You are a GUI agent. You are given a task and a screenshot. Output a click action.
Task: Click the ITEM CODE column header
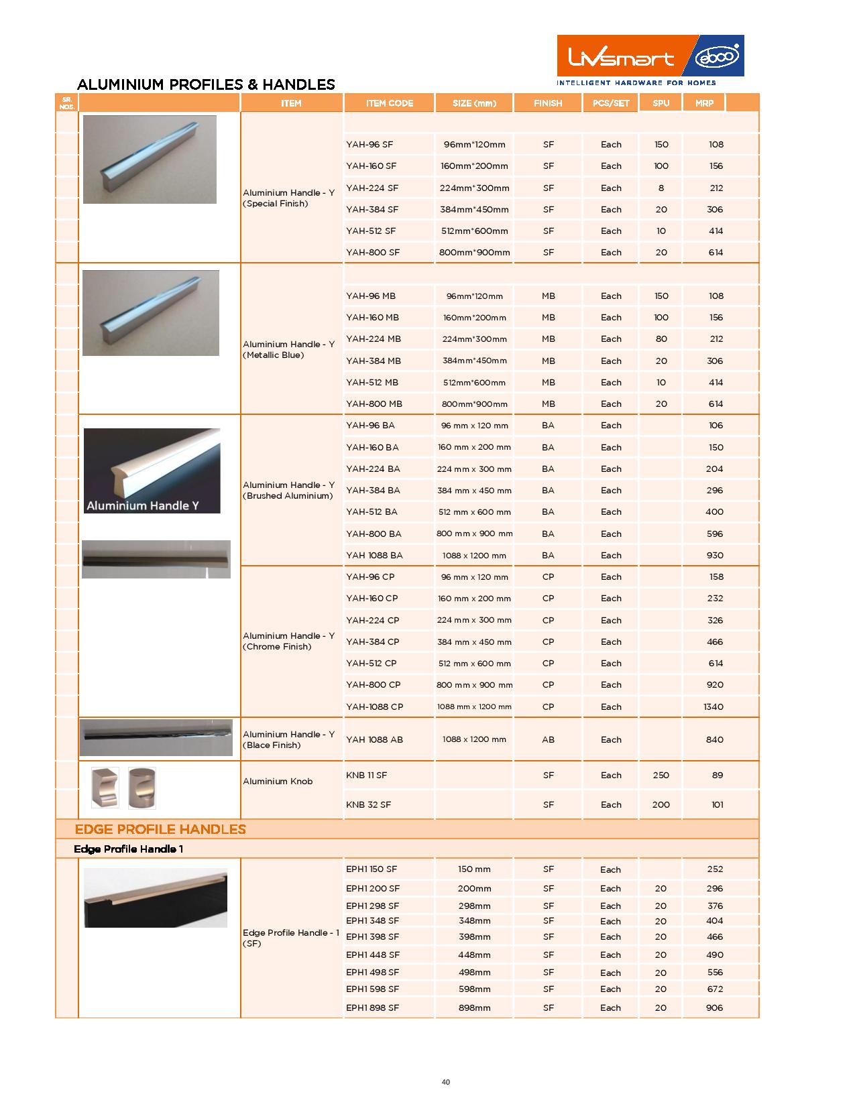pos(389,103)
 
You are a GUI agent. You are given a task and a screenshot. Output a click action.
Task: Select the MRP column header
pos(704,103)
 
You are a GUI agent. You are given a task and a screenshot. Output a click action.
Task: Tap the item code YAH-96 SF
pos(369,145)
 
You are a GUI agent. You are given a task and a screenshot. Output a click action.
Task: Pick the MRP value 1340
pos(714,706)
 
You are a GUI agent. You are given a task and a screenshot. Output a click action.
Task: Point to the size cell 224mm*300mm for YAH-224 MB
pos(474,339)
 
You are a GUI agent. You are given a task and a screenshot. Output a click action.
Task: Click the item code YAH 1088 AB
pos(374,739)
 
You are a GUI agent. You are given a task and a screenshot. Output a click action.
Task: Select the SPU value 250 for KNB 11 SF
pos(661,775)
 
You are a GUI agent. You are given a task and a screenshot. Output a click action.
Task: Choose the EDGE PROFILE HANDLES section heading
pos(160,829)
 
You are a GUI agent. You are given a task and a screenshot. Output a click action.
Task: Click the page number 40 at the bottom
pos(446,1082)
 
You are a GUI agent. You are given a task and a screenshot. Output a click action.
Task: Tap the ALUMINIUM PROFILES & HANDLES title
pos(206,84)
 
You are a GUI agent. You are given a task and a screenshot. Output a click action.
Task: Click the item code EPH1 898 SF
pos(372,1007)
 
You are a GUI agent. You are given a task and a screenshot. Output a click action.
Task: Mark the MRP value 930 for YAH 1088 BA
pos(714,555)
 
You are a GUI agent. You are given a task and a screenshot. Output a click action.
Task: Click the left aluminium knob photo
pos(105,787)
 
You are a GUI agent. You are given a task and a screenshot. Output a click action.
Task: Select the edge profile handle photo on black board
pos(156,898)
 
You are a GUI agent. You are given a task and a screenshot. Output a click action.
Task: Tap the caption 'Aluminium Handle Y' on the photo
pos(143,505)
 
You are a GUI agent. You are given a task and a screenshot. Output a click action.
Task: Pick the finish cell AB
pos(548,739)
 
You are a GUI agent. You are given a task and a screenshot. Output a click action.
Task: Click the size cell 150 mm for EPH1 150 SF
pos(474,869)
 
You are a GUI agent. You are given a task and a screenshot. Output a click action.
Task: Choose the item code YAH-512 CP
pos(371,664)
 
